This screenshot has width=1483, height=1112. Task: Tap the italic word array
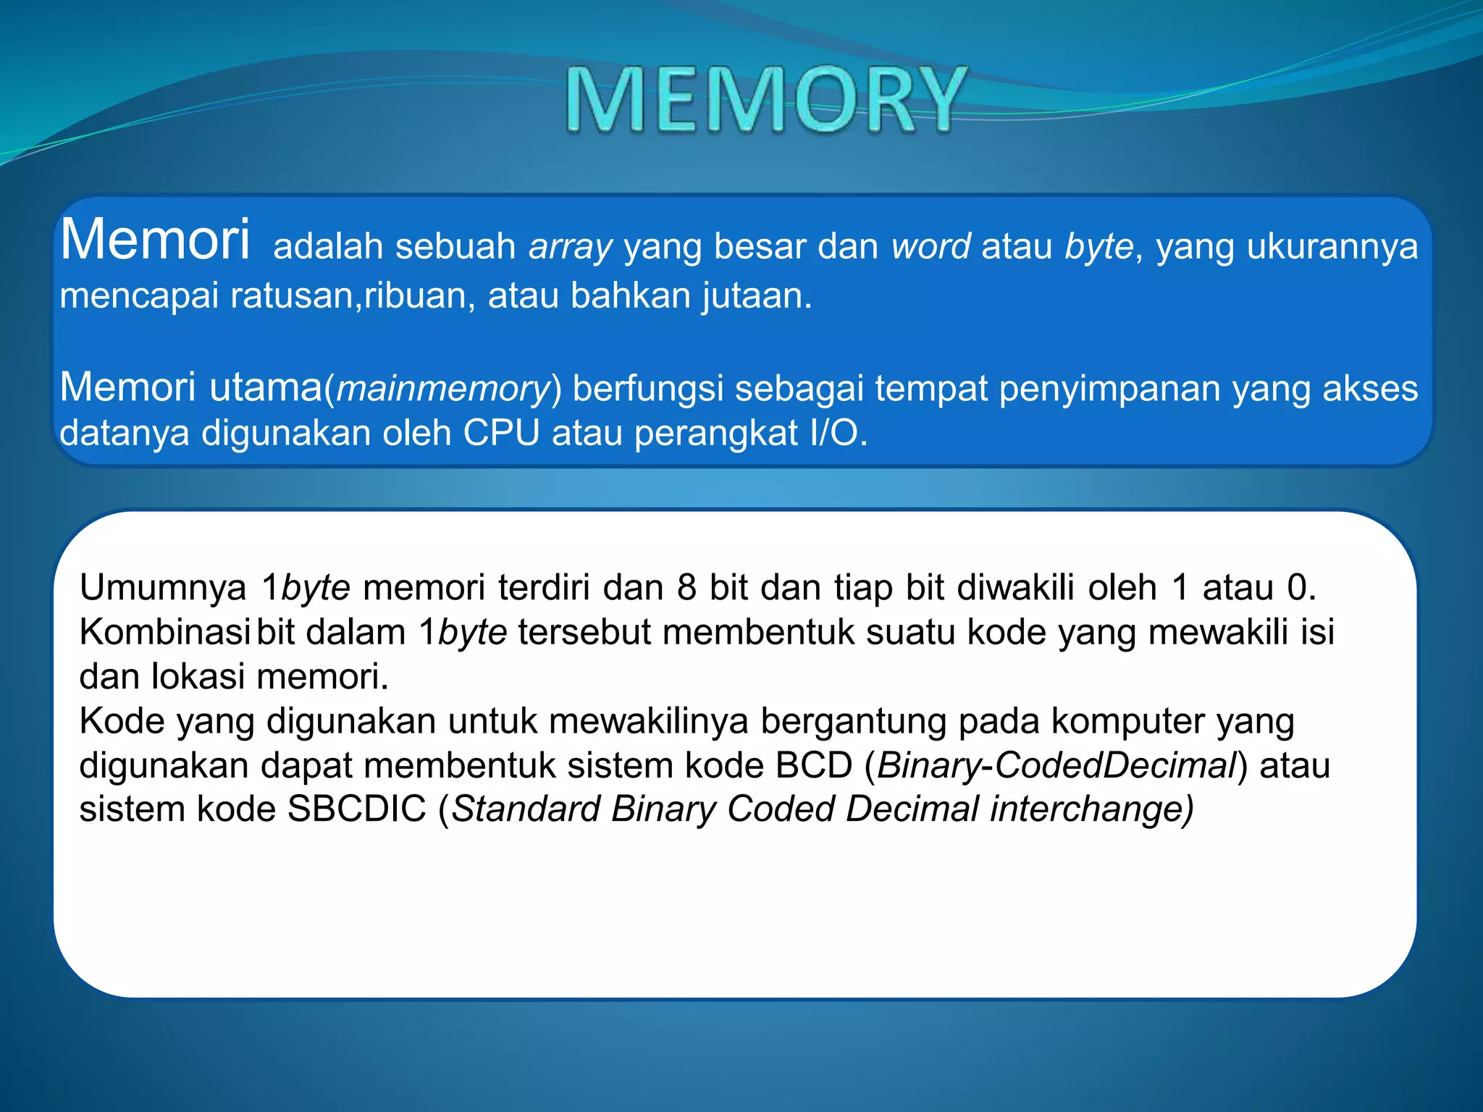pyautogui.click(x=571, y=247)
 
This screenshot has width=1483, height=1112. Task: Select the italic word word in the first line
pyautogui.click(x=930, y=247)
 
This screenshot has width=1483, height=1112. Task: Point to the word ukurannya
pyautogui.click(x=1332, y=247)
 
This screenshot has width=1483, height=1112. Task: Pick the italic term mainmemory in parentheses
pyautogui.click(x=443, y=389)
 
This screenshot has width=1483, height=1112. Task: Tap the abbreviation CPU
pyautogui.click(x=501, y=434)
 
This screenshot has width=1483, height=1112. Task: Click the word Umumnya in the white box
pyautogui.click(x=163, y=587)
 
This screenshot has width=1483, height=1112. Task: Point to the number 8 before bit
pyautogui.click(x=686, y=587)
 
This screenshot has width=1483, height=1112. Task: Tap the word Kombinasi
pyautogui.click(x=164, y=632)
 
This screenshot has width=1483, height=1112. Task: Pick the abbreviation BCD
pyautogui.click(x=813, y=766)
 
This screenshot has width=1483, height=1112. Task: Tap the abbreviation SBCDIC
pyautogui.click(x=356, y=809)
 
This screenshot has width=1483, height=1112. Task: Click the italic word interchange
pyautogui.click(x=1091, y=809)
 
